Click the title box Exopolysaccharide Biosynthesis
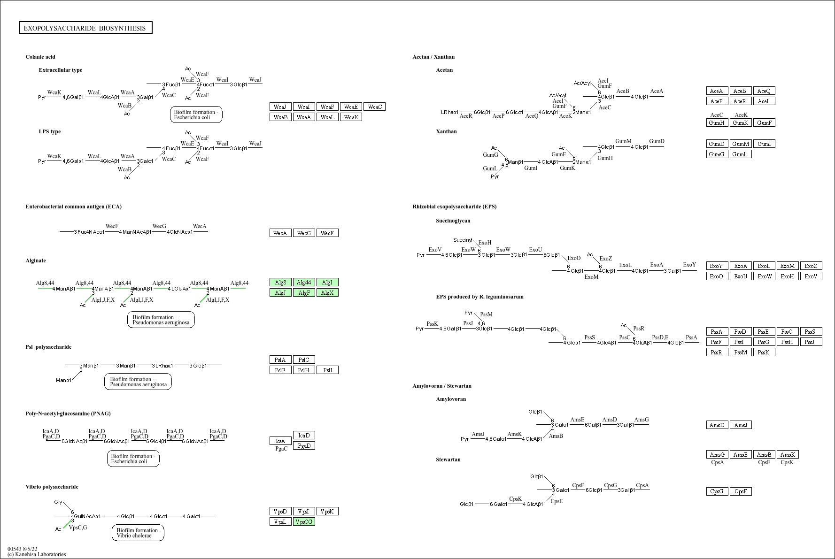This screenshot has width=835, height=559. (85, 28)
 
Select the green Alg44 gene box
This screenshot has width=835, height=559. (304, 282)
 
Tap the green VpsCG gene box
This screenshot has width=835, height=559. (304, 521)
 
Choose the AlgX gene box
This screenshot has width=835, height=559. (327, 292)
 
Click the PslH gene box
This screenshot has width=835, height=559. (304, 370)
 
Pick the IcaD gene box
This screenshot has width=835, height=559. (304, 435)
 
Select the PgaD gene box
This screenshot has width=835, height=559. (304, 445)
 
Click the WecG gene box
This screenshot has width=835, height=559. (304, 233)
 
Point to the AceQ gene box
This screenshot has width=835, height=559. (764, 91)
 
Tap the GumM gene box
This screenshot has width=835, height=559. (741, 144)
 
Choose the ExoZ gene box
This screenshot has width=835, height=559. (811, 266)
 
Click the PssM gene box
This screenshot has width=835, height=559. (741, 352)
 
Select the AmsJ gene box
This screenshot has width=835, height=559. (741, 425)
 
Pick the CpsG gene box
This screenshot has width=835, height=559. (717, 491)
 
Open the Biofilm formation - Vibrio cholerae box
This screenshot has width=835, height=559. (138, 533)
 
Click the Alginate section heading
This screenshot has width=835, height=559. (36, 260)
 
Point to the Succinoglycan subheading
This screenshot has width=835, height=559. (453, 221)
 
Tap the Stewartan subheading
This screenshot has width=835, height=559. (448, 459)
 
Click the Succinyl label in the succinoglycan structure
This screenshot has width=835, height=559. (463, 240)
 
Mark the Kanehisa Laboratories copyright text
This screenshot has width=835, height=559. (37, 554)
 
